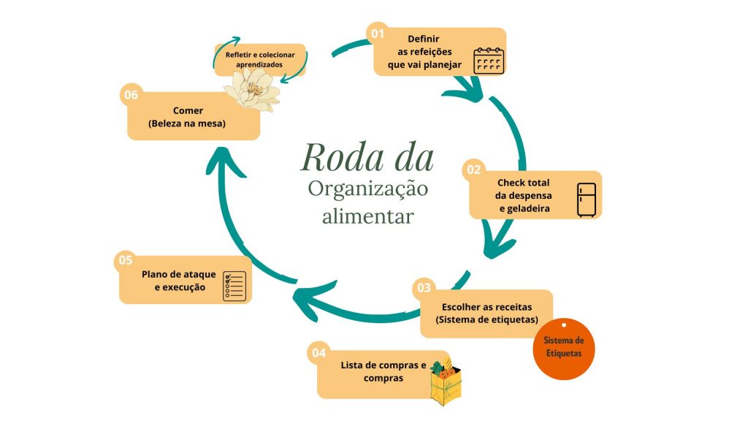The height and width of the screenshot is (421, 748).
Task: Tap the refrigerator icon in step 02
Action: tap(587, 200)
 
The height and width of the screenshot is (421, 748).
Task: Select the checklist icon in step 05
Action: tap(235, 284)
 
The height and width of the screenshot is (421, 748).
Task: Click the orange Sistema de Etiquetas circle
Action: tap(563, 348)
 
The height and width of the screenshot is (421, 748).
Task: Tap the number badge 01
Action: tap(377, 33)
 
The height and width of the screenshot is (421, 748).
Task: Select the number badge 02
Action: tap(474, 170)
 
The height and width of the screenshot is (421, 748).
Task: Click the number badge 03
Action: tap(424, 287)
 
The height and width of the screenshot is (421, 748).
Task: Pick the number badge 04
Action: tap(319, 352)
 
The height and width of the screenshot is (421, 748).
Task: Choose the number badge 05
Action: tap(125, 259)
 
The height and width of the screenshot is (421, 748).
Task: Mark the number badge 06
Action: tap(131, 94)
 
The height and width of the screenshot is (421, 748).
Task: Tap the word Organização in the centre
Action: tap(367, 189)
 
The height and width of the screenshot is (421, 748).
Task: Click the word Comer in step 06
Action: tap(188, 111)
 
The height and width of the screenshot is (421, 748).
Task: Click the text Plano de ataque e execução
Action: tap(179, 281)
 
